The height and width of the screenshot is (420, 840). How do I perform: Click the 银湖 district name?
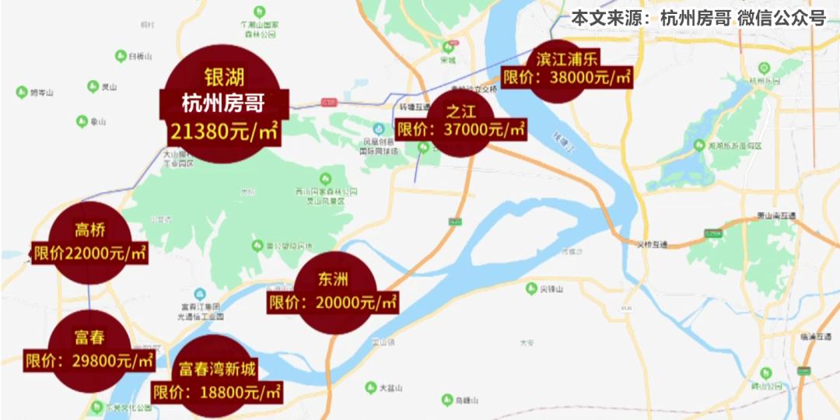224,78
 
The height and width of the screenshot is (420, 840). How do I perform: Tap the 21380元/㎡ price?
224,131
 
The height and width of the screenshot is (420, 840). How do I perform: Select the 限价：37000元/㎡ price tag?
461,129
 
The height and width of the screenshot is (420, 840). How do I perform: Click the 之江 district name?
461,109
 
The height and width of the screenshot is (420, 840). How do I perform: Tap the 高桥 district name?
90,230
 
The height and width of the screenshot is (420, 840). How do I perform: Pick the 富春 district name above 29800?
90,338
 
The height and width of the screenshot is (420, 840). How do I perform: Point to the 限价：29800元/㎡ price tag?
90,361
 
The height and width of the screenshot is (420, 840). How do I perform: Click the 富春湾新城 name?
217,369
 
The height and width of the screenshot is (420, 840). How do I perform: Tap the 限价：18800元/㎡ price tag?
217,392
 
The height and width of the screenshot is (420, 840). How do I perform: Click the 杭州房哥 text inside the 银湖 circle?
224,103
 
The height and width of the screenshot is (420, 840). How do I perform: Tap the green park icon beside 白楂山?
121,56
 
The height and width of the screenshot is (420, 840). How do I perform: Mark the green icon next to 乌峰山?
446,400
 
